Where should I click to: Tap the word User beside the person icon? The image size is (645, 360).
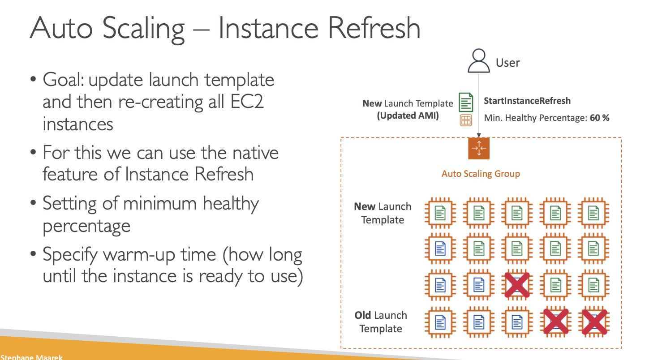pyautogui.click(x=507, y=63)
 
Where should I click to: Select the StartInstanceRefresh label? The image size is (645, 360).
pyautogui.click(x=527, y=101)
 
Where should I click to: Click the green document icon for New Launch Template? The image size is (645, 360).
pyautogui.click(x=466, y=102)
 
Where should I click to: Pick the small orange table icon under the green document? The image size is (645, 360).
pyautogui.click(x=466, y=120)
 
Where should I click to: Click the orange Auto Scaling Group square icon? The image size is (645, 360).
pyautogui.click(x=479, y=148)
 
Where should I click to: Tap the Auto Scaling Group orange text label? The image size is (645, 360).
pyautogui.click(x=481, y=174)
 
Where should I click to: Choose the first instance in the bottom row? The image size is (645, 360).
pyautogui.click(x=441, y=321)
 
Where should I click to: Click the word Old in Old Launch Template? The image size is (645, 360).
pyautogui.click(x=363, y=315)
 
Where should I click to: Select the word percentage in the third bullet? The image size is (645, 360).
pyautogui.click(x=86, y=226)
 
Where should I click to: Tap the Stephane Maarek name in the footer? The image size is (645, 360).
pyautogui.click(x=31, y=357)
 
